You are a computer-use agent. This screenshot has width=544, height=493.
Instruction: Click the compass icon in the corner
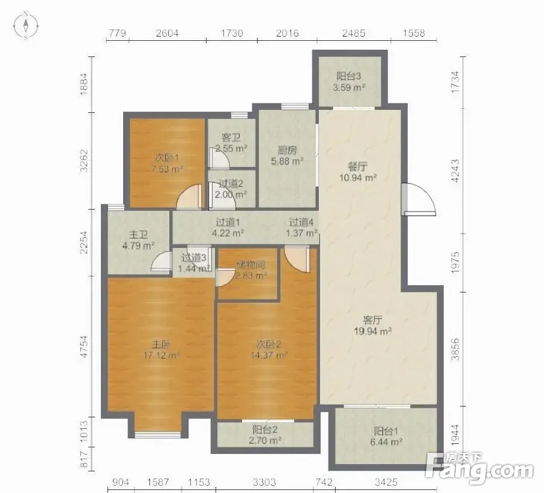click(x=26, y=25)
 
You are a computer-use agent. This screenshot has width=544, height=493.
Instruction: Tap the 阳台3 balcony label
click(x=349, y=76)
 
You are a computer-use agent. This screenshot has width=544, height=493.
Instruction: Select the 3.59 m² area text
click(x=349, y=88)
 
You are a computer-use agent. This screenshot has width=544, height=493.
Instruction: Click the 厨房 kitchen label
click(x=287, y=150)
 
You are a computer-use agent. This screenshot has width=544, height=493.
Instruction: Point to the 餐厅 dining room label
click(x=358, y=166)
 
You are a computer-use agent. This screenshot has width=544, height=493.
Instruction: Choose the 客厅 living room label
click(x=373, y=319)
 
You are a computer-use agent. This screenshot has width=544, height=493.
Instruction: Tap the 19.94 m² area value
click(x=373, y=331)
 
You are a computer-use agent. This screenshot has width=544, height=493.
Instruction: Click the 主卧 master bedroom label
click(x=161, y=344)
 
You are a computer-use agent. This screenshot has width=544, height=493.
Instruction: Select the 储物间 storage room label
click(x=251, y=265)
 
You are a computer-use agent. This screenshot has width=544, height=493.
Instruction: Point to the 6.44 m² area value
click(x=386, y=442)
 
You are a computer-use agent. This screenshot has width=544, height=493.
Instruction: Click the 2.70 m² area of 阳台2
click(x=265, y=441)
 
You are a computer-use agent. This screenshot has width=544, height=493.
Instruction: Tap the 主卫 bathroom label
click(x=139, y=235)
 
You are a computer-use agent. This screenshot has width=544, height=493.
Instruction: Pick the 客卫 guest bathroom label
click(x=231, y=138)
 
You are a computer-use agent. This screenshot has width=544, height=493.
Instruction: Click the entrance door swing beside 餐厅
click(x=420, y=199)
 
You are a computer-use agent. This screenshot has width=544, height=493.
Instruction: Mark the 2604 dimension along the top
click(x=168, y=33)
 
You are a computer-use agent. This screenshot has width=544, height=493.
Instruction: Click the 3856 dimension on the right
click(x=455, y=349)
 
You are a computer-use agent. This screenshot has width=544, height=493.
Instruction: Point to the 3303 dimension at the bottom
click(x=264, y=482)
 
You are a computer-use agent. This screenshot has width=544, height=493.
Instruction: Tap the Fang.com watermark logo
click(x=480, y=468)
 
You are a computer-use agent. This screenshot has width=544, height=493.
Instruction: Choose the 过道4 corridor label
click(x=301, y=222)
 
